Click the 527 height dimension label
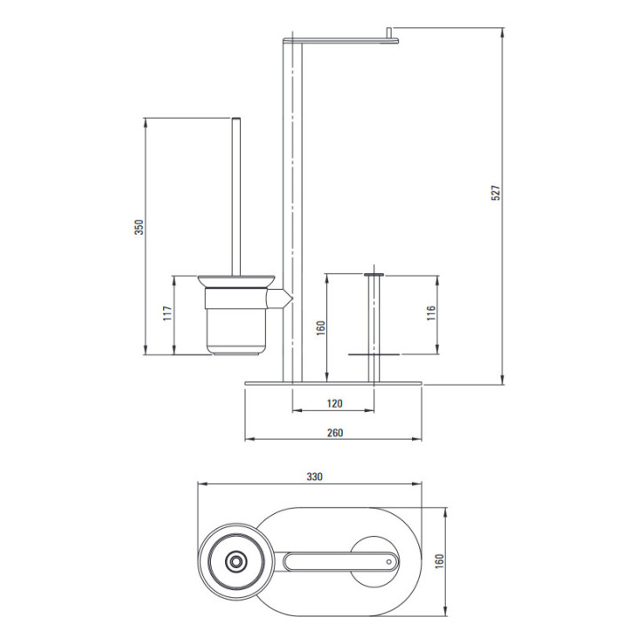495,193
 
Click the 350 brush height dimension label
139,228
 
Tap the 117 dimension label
167,314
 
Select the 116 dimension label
432,314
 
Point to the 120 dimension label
334,404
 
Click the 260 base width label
335,432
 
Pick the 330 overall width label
315,477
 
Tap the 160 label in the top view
440,562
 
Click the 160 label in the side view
321,328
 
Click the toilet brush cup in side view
237,322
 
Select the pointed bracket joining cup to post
279,300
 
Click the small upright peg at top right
389,33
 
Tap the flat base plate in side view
334,384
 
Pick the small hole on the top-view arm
389,562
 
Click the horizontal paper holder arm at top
340,40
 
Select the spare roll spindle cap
374,275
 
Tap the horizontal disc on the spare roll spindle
374,354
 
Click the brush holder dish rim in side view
237,282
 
